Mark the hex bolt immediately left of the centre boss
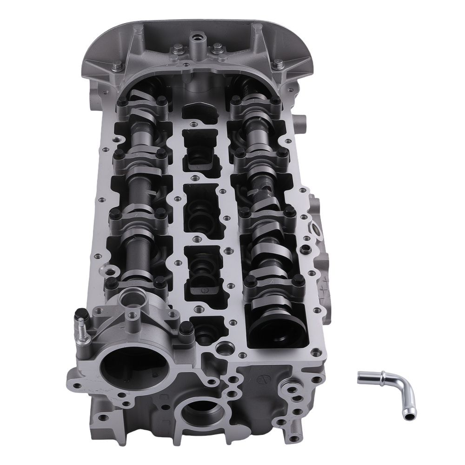pyautogui.click(x=178, y=48)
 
